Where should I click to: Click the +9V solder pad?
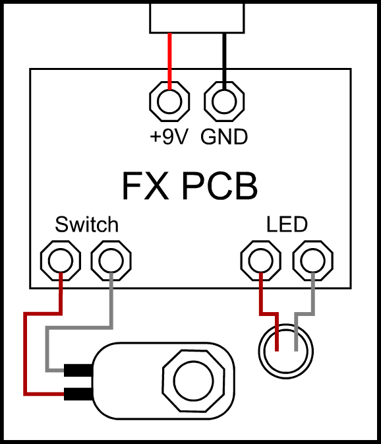click(170, 102)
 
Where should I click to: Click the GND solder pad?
click(225, 102)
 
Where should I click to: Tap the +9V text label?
click(169, 137)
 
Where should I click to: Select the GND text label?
click(224, 137)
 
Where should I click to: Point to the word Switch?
click(86, 225)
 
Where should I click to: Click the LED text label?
click(287, 225)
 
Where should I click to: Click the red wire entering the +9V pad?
click(170, 59)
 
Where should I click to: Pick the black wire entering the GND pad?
click(225, 59)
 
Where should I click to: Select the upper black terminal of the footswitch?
click(79, 370)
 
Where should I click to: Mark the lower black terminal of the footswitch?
click(79, 395)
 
